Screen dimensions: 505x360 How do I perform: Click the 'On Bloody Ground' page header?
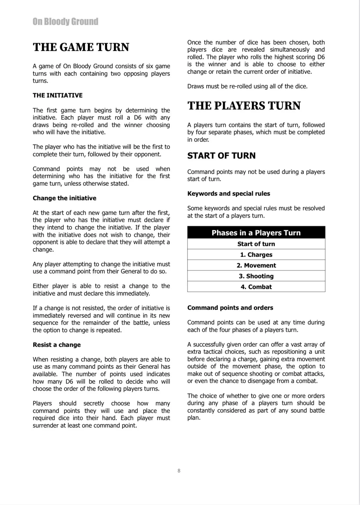(x=65, y=22)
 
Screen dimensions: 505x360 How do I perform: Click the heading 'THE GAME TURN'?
(x=81, y=47)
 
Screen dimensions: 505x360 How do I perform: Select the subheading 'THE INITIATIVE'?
(x=58, y=95)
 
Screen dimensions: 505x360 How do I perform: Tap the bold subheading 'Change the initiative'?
(x=64, y=198)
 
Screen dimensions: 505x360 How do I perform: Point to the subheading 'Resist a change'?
(x=57, y=345)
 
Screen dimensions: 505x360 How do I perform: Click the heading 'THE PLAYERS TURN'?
(x=244, y=106)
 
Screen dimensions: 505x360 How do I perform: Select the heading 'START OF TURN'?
(x=221, y=156)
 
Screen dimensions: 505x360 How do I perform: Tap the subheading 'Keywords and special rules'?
(x=228, y=193)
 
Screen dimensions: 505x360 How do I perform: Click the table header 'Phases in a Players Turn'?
(x=256, y=233)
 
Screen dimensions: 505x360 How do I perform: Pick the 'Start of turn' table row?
(x=256, y=244)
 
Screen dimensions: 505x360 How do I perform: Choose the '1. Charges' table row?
(x=256, y=255)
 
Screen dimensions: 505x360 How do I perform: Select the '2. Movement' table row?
(x=256, y=265)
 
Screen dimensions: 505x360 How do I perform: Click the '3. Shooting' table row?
(x=256, y=276)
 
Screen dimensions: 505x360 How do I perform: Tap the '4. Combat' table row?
(x=256, y=287)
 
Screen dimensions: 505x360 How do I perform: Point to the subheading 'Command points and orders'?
(x=230, y=308)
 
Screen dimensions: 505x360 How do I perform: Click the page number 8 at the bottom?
(x=179, y=471)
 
